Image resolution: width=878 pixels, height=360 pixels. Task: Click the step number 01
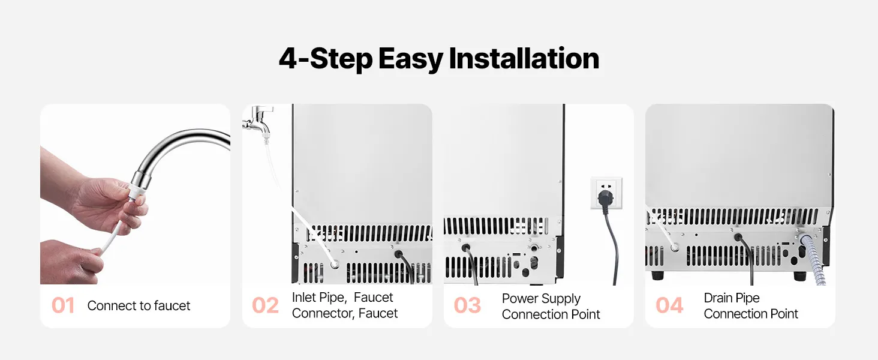(63, 305)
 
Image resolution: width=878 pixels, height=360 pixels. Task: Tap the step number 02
(265, 305)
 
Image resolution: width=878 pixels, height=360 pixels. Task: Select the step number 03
(467, 305)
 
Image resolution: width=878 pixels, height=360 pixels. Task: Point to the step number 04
(669, 305)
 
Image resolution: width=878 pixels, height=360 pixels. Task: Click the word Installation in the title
(524, 58)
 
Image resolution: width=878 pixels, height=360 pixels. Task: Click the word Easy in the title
(410, 59)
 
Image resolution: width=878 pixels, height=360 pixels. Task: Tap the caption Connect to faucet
(139, 305)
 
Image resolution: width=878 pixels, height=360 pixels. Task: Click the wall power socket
(606, 193)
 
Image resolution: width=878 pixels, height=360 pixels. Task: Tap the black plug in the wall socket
(605, 198)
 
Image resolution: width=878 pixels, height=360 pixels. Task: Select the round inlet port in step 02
(334, 265)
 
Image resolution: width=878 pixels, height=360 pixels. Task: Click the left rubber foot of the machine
(658, 275)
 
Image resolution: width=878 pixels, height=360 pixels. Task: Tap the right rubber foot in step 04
(800, 275)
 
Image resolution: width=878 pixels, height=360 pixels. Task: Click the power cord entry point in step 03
(465, 248)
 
